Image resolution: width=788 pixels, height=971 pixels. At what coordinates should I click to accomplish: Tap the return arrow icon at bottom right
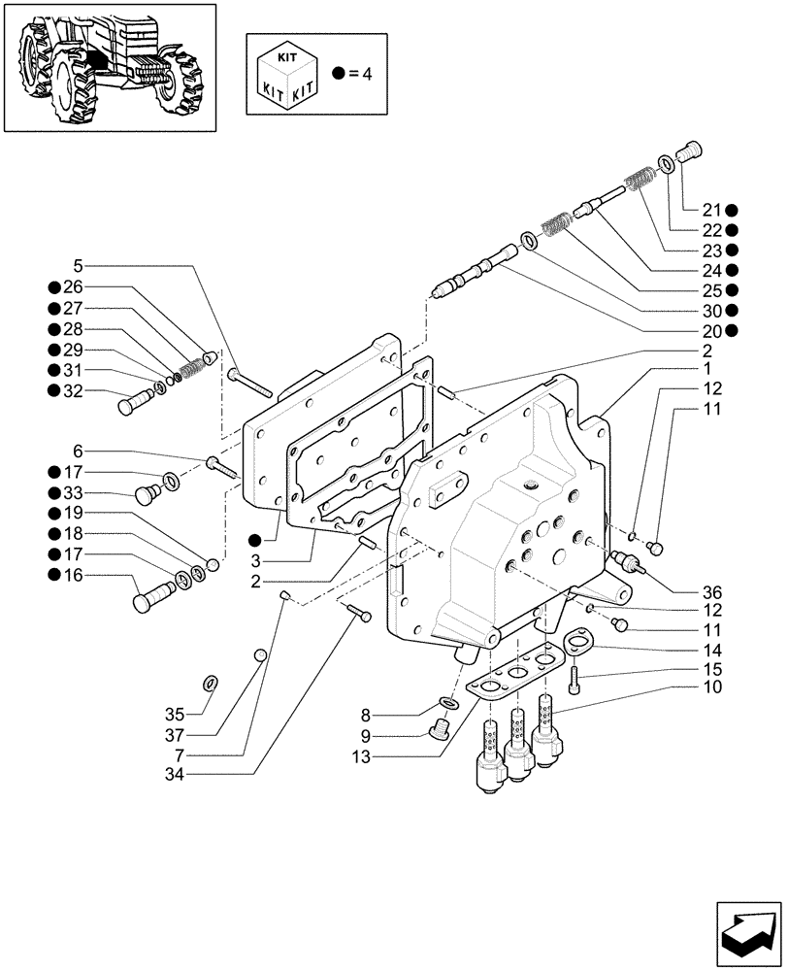(x=747, y=934)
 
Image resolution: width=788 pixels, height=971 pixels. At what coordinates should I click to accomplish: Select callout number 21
(x=712, y=210)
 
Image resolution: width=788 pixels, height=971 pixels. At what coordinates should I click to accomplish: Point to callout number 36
(x=712, y=591)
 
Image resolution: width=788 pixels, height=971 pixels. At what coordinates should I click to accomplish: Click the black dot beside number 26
(x=52, y=286)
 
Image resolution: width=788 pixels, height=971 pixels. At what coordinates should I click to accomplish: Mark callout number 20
(x=712, y=330)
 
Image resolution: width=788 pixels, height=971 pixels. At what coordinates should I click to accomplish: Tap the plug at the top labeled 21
(x=690, y=151)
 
